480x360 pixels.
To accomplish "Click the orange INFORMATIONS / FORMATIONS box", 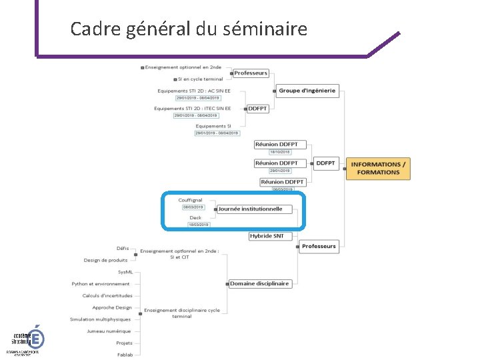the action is pyautogui.click(x=378, y=168).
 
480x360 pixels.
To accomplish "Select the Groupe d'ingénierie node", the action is pyautogui.click(x=307, y=91).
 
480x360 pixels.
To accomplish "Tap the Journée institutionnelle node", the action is pyautogui.click(x=251, y=209).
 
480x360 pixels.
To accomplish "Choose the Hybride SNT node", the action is pyautogui.click(x=267, y=235).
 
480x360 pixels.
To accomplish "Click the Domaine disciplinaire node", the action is pyautogui.click(x=259, y=283).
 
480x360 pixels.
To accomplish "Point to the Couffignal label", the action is pyautogui.click(x=190, y=200).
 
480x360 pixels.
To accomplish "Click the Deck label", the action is pyautogui.click(x=195, y=217).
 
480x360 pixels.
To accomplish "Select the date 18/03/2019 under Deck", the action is pyautogui.click(x=199, y=225).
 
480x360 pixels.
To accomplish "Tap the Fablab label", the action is pyautogui.click(x=124, y=354).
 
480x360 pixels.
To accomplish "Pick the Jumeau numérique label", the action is pyautogui.click(x=109, y=331).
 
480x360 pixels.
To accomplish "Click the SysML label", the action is pyautogui.click(x=125, y=272).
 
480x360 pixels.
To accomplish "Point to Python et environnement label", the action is pyautogui.click(x=101, y=283).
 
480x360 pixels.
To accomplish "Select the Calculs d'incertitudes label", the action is pyautogui.click(x=107, y=295).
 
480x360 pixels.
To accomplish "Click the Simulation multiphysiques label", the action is pyautogui.click(x=100, y=319).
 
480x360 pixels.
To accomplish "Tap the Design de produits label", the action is pyautogui.click(x=105, y=260).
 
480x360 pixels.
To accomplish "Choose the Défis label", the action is pyautogui.click(x=123, y=248).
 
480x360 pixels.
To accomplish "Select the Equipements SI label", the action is pyautogui.click(x=213, y=125).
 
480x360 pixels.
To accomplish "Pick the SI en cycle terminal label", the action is pyautogui.click(x=200, y=79).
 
